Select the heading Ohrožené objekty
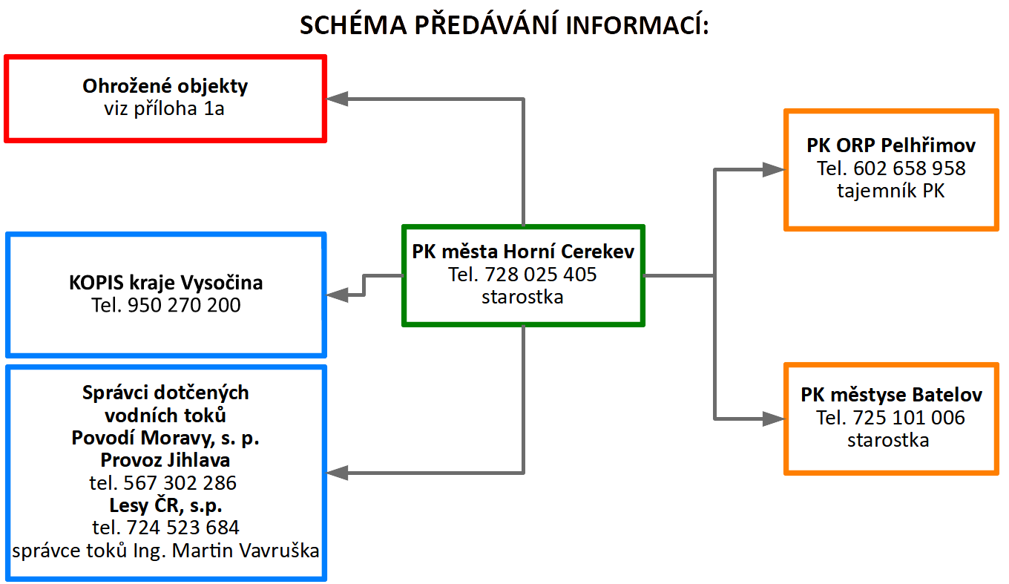point(165,86)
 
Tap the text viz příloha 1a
point(165,108)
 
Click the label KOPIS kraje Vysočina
point(165,283)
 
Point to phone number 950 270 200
point(184,305)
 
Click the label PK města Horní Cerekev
point(523,252)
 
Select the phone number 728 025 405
point(541,275)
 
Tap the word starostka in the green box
point(522,297)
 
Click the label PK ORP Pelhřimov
point(891,145)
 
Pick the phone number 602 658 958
point(910,168)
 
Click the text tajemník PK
point(891,191)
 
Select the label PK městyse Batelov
point(892,395)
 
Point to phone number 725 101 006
point(909,418)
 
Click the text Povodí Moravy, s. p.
point(165,438)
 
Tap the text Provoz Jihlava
point(165,461)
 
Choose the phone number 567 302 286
point(180,483)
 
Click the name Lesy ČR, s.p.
point(165,505)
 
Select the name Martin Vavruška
point(246,551)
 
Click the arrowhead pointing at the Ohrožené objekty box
point(337,99)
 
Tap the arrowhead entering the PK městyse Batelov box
point(773,419)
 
